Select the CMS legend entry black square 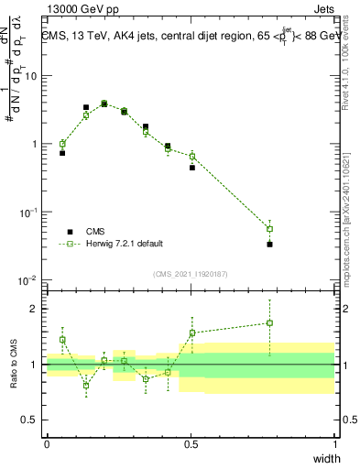point(68,232)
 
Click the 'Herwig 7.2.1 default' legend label point(124,244)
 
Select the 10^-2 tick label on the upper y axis point(27,279)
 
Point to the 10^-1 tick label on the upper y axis point(27,212)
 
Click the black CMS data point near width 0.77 point(269,245)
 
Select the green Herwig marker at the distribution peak point(104,104)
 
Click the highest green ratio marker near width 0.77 point(269,322)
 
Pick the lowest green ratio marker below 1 point(86,385)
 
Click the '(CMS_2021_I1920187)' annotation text point(190,273)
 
